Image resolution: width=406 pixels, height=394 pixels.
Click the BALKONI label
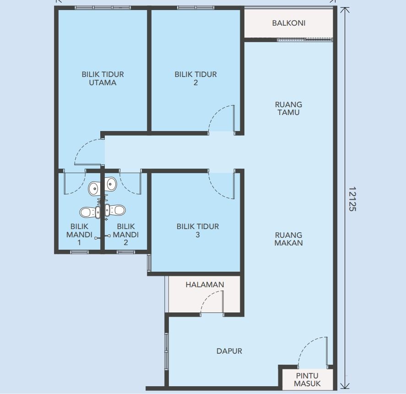pos(288,23)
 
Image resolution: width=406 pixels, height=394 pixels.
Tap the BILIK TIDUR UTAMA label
pos(103,78)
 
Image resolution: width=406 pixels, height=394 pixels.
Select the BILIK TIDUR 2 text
pos(195,78)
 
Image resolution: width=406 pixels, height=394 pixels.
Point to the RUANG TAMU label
pos(288,108)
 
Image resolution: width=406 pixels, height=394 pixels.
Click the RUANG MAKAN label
pos(288,239)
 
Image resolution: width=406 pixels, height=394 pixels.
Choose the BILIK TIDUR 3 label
pos(198,230)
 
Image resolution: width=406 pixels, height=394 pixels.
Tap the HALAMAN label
pos(205,285)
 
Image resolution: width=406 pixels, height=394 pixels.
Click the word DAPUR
pos(229,351)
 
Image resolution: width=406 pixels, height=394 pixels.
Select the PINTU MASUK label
pos(307,380)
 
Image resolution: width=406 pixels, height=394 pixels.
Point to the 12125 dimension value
pos(352,198)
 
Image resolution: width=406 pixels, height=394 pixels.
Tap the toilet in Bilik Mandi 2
pos(116,210)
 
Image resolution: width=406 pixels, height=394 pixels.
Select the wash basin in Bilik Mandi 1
pos(94,187)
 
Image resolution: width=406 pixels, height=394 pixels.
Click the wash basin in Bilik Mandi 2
pos(111,184)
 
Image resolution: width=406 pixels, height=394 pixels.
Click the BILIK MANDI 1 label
pos(79,234)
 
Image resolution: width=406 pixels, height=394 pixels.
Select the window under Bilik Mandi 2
pos(125,252)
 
